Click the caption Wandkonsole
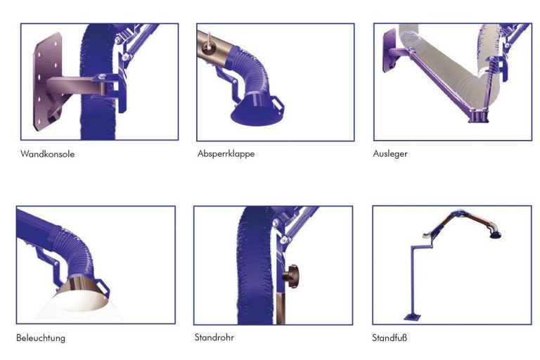(47, 154)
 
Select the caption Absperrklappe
(226, 154)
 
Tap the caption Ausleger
(390, 154)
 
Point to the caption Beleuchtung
(41, 337)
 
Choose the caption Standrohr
(214, 337)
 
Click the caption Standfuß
(390, 337)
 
